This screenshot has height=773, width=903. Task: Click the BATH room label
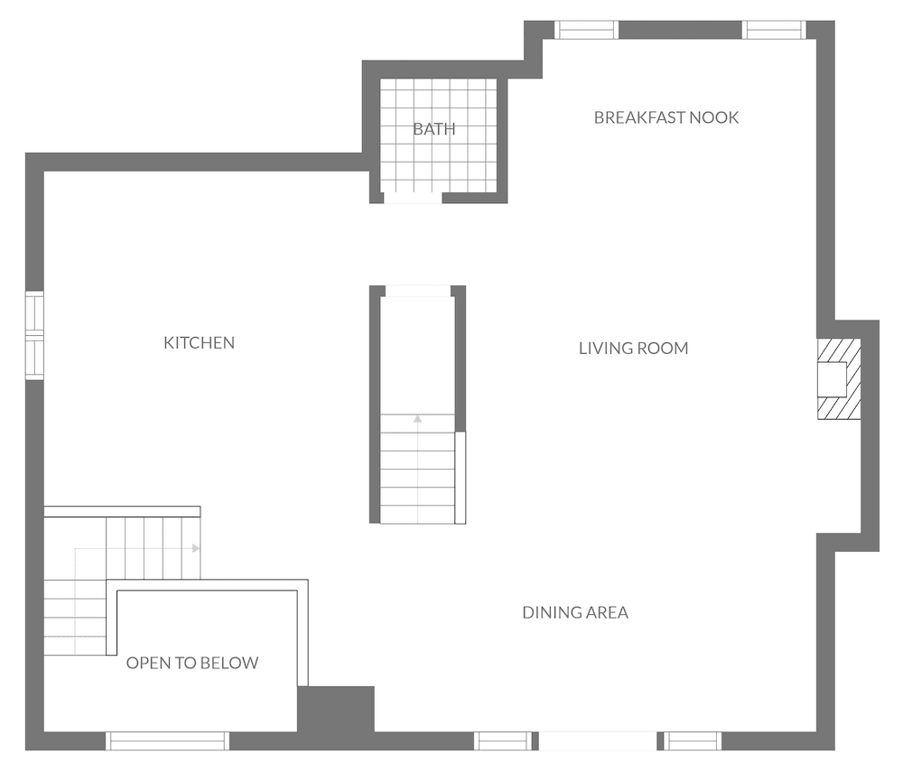pos(433,129)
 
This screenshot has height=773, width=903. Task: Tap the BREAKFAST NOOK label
pos(666,117)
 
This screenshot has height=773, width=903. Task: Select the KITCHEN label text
pos(199,342)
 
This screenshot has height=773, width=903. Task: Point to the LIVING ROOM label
pos(633,348)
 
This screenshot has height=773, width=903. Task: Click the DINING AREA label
pos(575,612)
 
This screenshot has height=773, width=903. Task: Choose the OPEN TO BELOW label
pos(192,663)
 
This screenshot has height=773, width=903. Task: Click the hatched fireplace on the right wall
pos(838,379)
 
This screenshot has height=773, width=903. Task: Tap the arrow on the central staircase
pos(417,418)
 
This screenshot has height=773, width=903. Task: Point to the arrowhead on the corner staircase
pos(196,547)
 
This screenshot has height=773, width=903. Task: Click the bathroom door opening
pos(413,198)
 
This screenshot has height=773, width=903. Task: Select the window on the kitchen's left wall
pos(34,336)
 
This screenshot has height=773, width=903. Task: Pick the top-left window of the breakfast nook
pos(587,30)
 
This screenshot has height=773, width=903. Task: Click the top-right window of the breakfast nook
pos(773,30)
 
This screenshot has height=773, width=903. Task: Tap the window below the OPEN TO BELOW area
pos(167,741)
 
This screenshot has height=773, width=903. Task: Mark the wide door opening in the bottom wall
pos(597,741)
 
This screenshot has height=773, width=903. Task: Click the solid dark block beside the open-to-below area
pos(336,709)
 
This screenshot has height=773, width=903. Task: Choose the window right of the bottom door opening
pos(694,741)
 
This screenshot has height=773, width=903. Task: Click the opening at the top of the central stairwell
pos(417,291)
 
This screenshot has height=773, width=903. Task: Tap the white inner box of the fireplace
pos(832,378)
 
